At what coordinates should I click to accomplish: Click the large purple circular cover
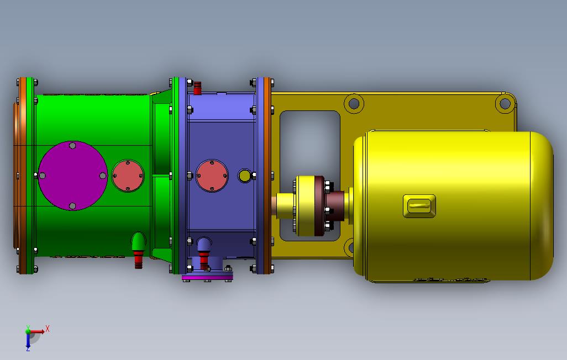[x=73, y=176]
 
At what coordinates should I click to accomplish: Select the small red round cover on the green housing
[x=128, y=176]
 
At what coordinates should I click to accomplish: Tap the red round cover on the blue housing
[x=212, y=176]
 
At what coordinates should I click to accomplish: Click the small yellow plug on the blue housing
[x=245, y=176]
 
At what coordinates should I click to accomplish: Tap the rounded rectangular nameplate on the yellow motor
[x=419, y=207]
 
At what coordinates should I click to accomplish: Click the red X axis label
[x=48, y=329]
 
